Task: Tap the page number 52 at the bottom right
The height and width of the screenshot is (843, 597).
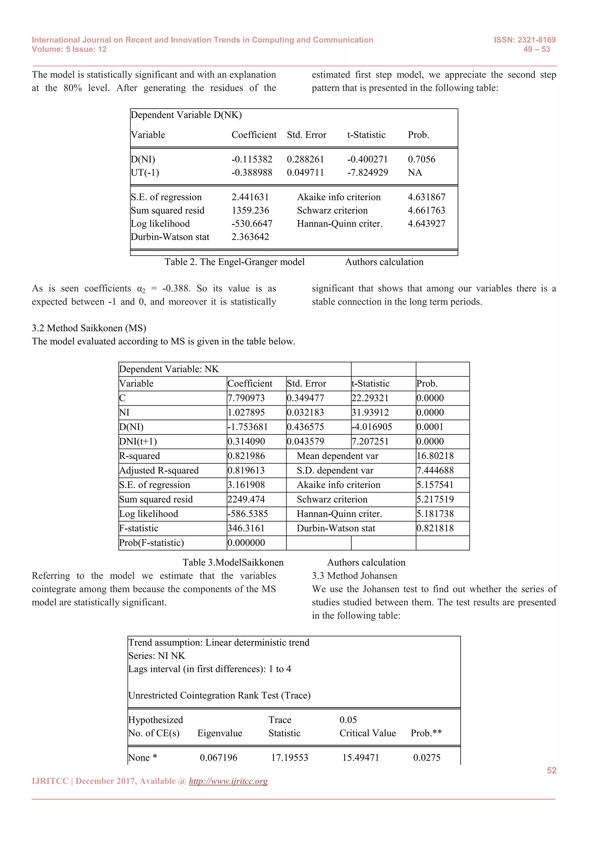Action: coord(552,770)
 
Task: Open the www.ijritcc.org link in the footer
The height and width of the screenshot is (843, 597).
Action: coord(228,781)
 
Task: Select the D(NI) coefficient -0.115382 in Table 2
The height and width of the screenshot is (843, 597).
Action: coord(252,159)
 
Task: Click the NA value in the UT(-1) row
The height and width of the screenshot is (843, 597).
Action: coord(415,173)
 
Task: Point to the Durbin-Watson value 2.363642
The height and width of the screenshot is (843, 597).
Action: coord(250,237)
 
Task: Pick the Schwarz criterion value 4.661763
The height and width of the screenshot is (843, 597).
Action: coord(426,210)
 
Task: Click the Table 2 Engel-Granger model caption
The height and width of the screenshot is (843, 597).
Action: coord(235,262)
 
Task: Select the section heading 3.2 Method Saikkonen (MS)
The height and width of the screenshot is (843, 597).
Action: coord(89,328)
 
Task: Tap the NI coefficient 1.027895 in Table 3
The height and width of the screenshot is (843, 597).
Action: coord(246,412)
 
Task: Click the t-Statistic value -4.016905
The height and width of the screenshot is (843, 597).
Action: coord(372,427)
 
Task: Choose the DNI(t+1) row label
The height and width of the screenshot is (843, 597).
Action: coord(138,441)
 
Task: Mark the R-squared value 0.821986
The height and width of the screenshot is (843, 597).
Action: coord(246,456)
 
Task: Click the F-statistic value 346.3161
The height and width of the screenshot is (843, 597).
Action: coord(246,528)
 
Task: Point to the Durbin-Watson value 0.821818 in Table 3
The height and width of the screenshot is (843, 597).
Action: coord(435,528)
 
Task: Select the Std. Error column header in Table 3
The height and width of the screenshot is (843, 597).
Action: coord(306,383)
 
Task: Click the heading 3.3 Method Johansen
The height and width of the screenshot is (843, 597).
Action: coord(354,576)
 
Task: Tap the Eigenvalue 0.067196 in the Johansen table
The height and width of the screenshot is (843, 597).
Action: coord(218,757)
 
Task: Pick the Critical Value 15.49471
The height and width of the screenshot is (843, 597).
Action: coord(360,757)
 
